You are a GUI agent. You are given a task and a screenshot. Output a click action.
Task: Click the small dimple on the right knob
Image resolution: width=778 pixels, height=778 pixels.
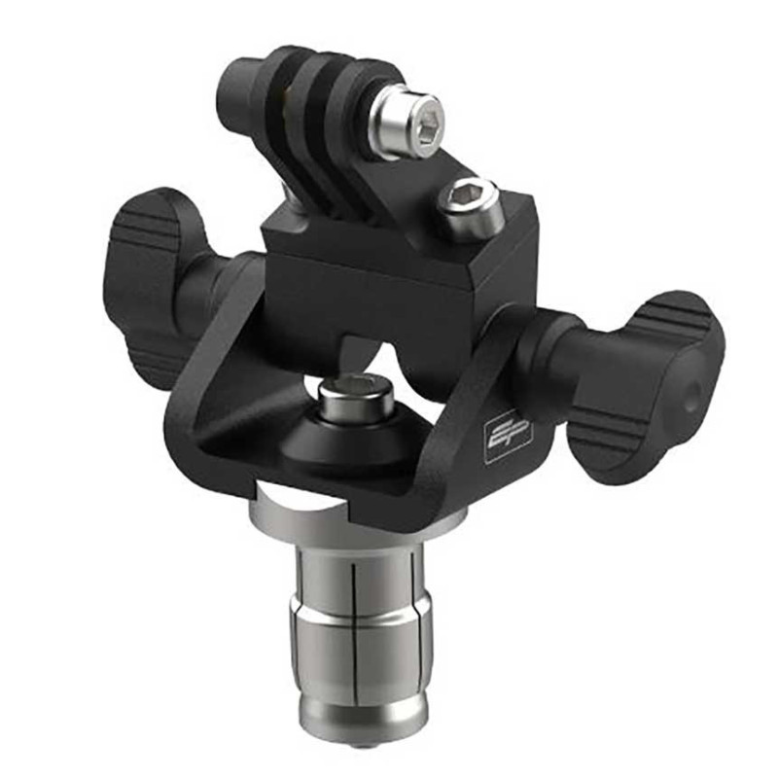tap(691, 397)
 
